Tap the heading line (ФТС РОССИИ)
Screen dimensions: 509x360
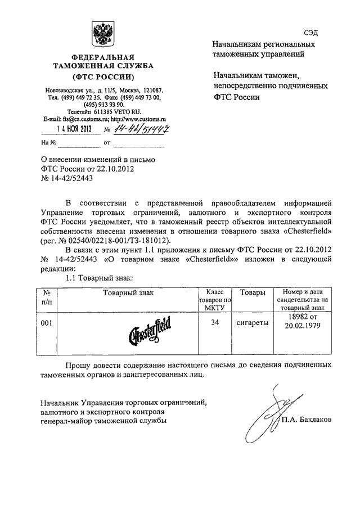[103, 77]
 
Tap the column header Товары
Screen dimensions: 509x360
[253, 292]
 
